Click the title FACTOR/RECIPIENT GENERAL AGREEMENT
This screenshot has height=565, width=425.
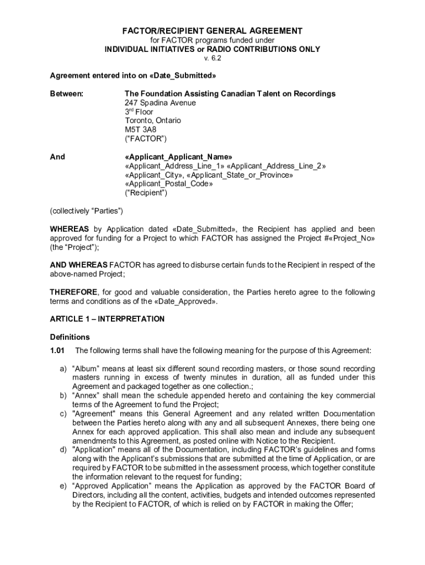click(212, 31)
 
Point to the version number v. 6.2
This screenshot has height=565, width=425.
click(212, 58)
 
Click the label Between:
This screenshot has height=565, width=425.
click(67, 94)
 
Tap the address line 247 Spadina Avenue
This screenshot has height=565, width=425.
click(160, 103)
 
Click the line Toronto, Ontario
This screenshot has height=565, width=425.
click(153, 120)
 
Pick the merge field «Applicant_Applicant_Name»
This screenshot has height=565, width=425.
click(179, 157)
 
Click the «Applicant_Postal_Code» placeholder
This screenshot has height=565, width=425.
click(169, 184)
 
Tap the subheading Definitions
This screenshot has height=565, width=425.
click(70, 337)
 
